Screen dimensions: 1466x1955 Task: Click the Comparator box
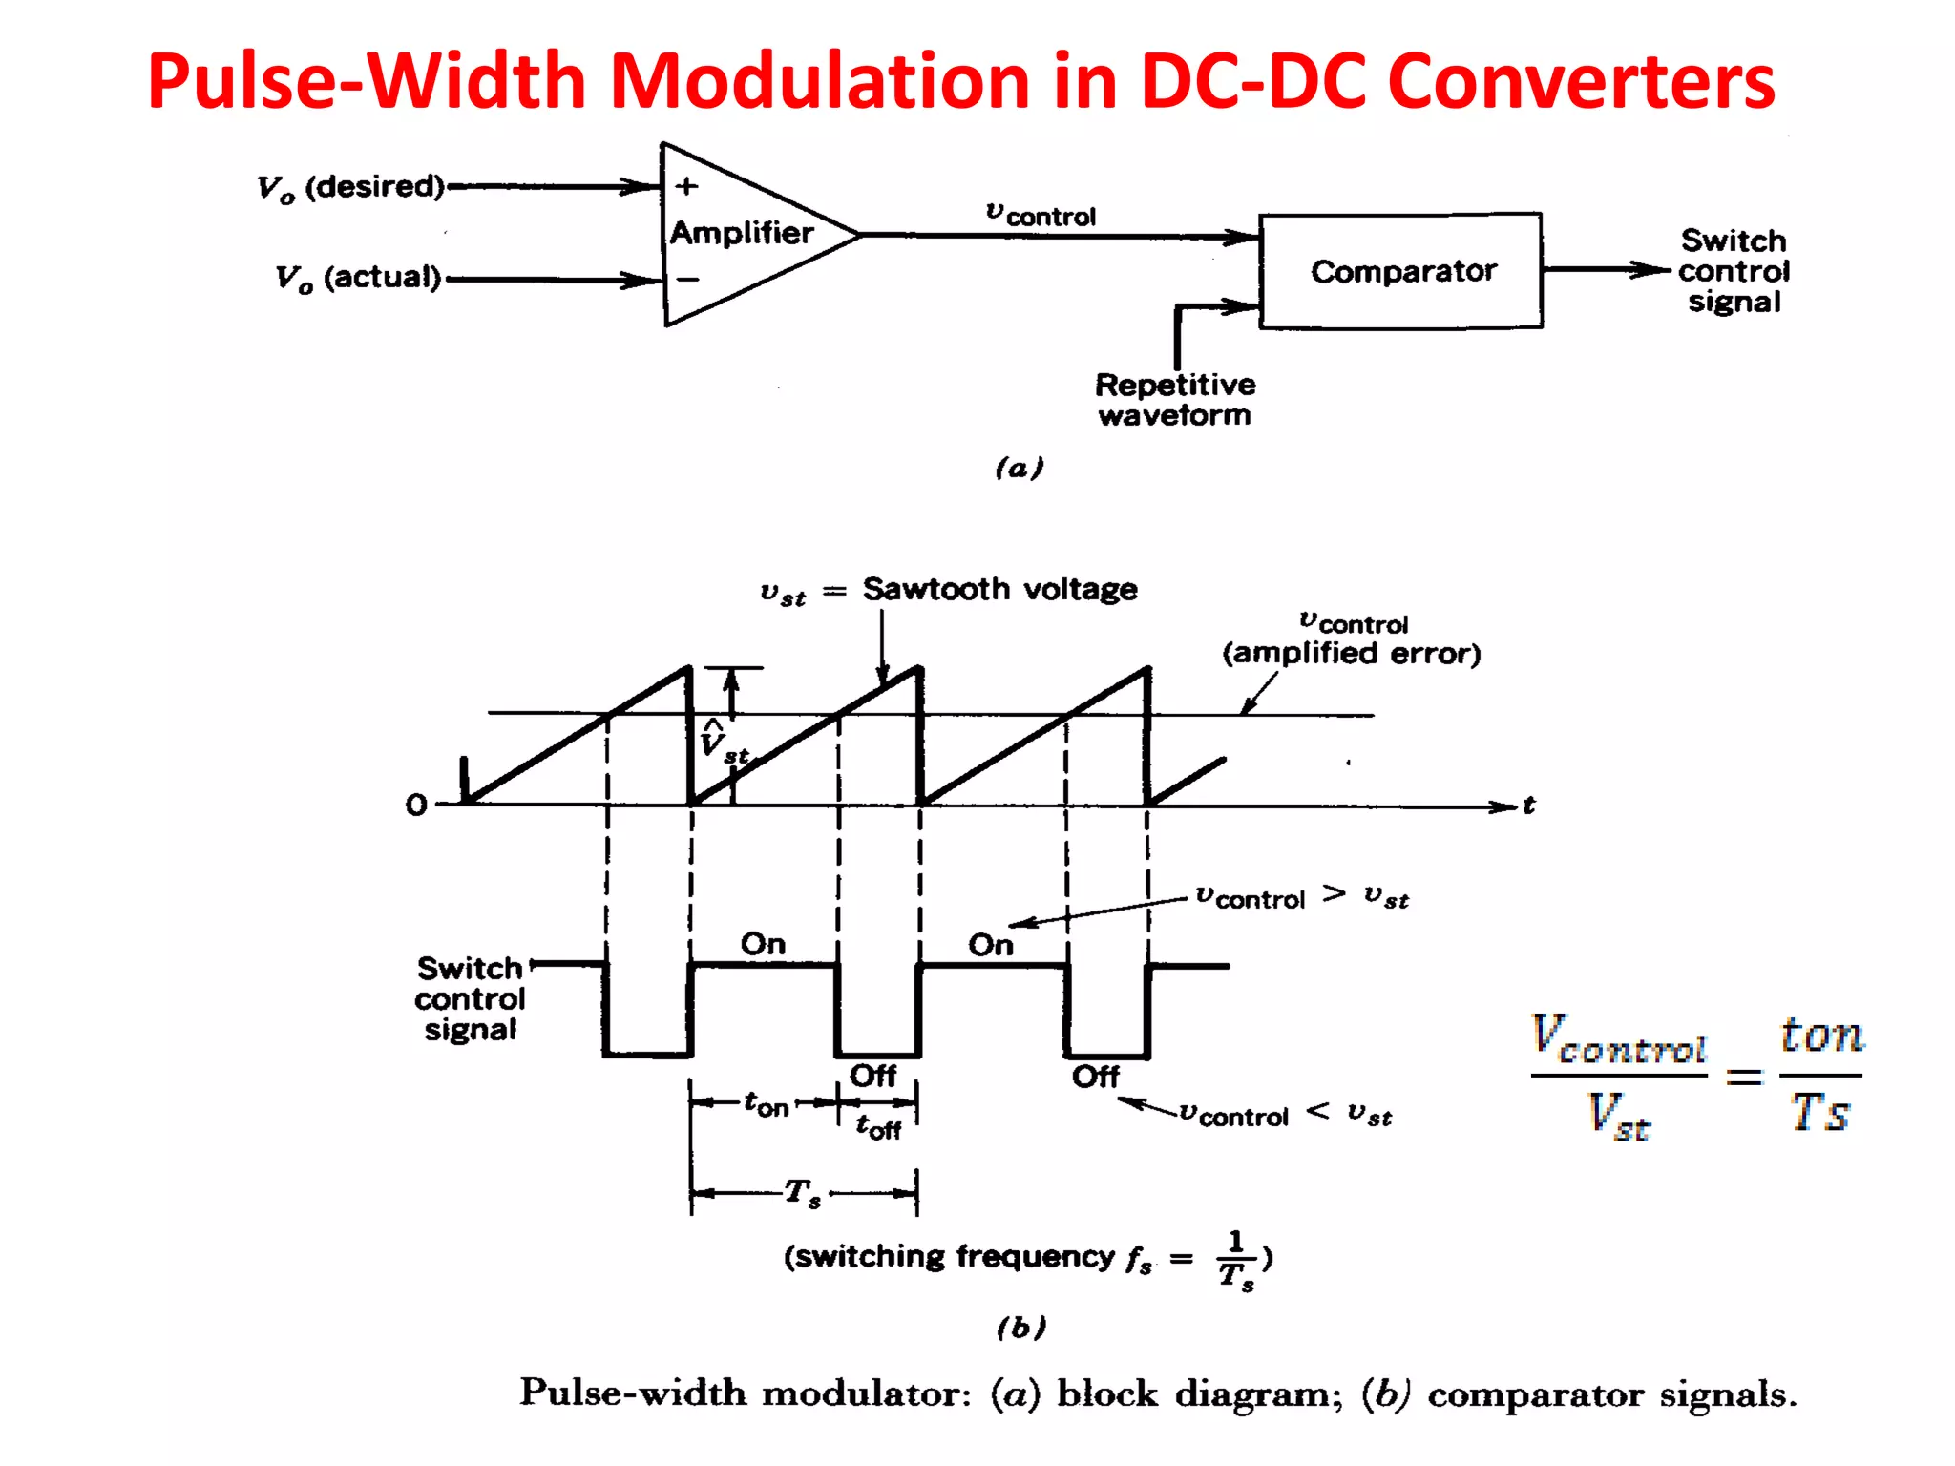pyautogui.click(x=1400, y=271)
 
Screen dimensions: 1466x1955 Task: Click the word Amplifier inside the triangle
pyautogui.click(x=742, y=233)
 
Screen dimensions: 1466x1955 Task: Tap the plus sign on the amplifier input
pyautogui.click(x=686, y=186)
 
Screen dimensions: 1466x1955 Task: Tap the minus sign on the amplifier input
pyautogui.click(x=687, y=280)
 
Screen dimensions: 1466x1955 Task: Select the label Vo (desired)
pyautogui.click(x=351, y=187)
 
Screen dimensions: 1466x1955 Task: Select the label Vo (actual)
pyautogui.click(x=359, y=279)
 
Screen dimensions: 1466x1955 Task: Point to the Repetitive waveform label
pyautogui.click(x=1175, y=399)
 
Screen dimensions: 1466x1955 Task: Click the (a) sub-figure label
pyautogui.click(x=1019, y=468)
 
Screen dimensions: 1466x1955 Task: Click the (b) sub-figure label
pyautogui.click(x=1020, y=1327)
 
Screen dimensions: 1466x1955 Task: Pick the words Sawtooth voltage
pyautogui.click(x=999, y=589)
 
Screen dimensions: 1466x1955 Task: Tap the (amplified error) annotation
pyautogui.click(x=1351, y=653)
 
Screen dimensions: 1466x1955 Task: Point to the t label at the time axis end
pyautogui.click(x=1528, y=806)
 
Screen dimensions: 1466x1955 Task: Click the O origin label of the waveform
pyautogui.click(x=416, y=805)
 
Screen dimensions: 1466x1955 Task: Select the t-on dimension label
pyautogui.click(x=767, y=1104)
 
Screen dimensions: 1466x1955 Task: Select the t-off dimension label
pyautogui.click(x=878, y=1127)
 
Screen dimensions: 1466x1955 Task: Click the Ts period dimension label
pyautogui.click(x=802, y=1192)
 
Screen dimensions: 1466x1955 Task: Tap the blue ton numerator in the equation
pyautogui.click(x=1820, y=1035)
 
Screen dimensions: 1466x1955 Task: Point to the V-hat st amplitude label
pyautogui.click(x=722, y=743)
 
